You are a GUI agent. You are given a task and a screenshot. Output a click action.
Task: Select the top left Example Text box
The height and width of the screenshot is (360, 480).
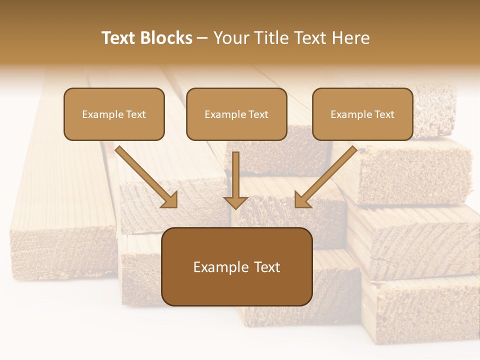[114, 114]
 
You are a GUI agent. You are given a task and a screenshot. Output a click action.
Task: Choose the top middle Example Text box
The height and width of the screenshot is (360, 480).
[236, 114]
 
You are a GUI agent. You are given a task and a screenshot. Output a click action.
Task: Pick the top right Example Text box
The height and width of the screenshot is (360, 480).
[362, 114]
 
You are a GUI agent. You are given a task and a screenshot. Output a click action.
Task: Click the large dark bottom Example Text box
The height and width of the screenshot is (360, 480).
[236, 266]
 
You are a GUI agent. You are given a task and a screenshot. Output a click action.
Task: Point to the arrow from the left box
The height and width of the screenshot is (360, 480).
[145, 176]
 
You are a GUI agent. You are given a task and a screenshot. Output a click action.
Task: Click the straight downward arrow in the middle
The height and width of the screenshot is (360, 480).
[235, 177]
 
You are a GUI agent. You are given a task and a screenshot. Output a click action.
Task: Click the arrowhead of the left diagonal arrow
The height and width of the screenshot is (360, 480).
[170, 200]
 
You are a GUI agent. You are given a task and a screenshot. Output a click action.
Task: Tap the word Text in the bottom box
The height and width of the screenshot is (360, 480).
[266, 267]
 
